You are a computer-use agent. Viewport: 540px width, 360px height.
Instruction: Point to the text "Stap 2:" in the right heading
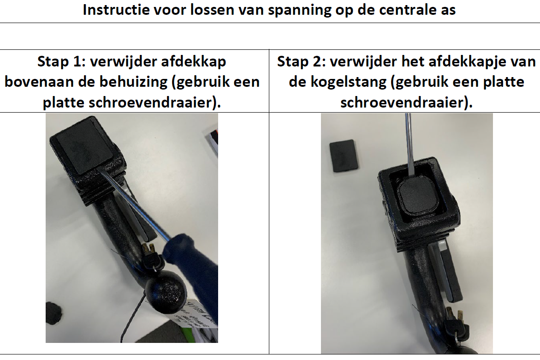click(301, 62)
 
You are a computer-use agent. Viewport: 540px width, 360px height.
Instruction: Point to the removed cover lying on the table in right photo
click(344, 155)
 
